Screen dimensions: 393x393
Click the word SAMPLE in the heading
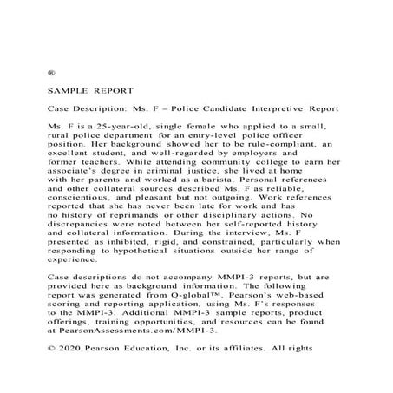[x=69, y=90]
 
